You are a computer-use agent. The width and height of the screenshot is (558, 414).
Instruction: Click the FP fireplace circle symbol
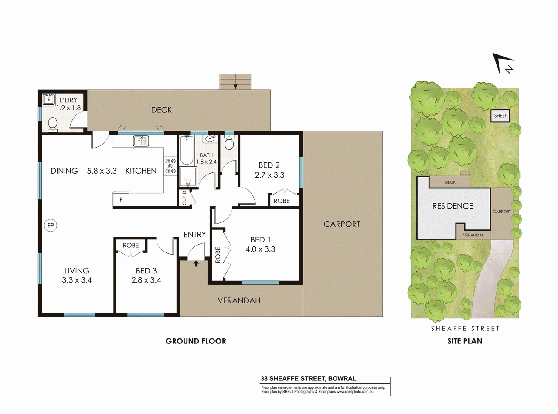(x=51, y=226)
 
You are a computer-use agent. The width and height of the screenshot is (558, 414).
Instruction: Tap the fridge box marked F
(x=121, y=199)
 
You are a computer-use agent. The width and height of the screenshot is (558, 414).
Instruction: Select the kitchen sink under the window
(x=141, y=141)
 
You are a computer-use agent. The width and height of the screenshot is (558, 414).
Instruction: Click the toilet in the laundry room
(x=53, y=124)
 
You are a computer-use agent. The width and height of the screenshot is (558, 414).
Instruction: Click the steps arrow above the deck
(x=235, y=84)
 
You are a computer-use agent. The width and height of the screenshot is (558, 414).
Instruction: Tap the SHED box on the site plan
(x=500, y=116)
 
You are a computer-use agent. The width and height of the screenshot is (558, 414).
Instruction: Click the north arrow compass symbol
(x=504, y=64)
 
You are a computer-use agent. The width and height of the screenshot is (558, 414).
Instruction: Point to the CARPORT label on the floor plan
(x=342, y=224)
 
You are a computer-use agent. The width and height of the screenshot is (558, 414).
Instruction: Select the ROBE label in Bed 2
(x=281, y=201)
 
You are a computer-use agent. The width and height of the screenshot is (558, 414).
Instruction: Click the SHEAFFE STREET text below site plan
(x=465, y=329)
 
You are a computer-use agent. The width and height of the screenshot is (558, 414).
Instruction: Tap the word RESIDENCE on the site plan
(x=453, y=206)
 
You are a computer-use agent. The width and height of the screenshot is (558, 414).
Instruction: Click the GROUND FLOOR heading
(x=196, y=341)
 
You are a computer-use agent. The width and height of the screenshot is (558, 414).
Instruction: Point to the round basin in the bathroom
(x=210, y=139)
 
